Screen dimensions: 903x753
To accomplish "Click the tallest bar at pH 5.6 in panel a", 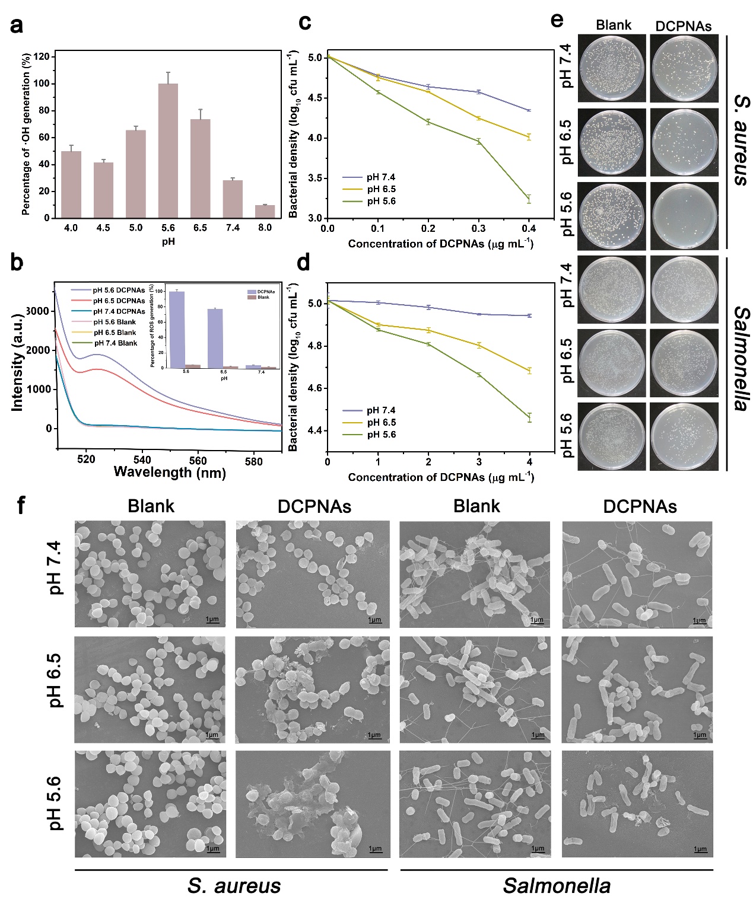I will pos(168,151).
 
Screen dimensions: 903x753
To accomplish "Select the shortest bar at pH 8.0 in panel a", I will pos(265,212).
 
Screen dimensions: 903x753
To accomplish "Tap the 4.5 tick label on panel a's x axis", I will pos(103,228).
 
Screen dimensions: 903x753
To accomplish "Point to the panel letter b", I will pos(17,261).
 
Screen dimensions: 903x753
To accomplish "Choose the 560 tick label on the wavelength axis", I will pos(198,461).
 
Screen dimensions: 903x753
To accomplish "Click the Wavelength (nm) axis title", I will pos(169,473).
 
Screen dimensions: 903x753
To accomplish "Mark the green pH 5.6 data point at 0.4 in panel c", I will pos(529,199).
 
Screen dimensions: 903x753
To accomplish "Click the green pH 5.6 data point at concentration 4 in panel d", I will pos(529,417).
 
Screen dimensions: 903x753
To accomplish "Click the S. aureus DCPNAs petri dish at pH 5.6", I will pos(684,216).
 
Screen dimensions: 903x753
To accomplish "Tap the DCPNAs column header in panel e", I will pos(683,26).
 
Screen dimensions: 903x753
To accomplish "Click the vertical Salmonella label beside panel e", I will pos(740,359).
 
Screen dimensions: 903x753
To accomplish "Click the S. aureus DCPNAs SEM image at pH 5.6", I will pos(313,804).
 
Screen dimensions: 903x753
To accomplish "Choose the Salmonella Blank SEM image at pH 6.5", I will pos(475,690).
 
